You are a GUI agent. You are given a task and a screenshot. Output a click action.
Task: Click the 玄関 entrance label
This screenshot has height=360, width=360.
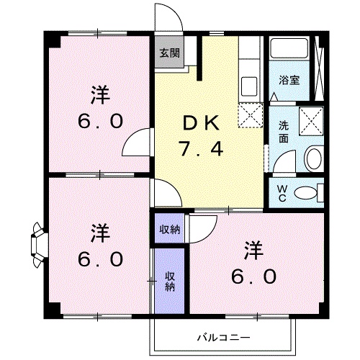tap(170, 53)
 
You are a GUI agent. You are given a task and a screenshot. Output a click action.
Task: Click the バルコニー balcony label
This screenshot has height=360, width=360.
tap(222, 337)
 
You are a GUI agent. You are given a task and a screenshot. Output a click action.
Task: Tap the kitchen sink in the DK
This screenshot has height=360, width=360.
tap(250, 85)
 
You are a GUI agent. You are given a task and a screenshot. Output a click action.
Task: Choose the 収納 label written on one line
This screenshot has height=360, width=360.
tap(170, 230)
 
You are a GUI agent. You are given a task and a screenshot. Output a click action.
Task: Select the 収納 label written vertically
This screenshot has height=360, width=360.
tap(170, 282)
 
